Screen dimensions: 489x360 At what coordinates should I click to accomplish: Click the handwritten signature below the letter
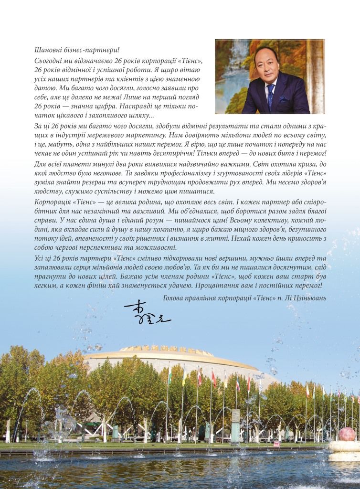click(147, 313)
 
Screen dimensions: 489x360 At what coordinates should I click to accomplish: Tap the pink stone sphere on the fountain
click(347, 434)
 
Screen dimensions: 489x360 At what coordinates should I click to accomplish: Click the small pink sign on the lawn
click(276, 443)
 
